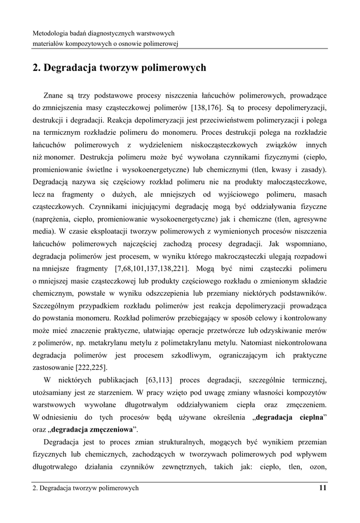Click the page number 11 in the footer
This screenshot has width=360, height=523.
(322, 488)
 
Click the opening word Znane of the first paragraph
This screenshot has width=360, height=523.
(54, 95)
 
